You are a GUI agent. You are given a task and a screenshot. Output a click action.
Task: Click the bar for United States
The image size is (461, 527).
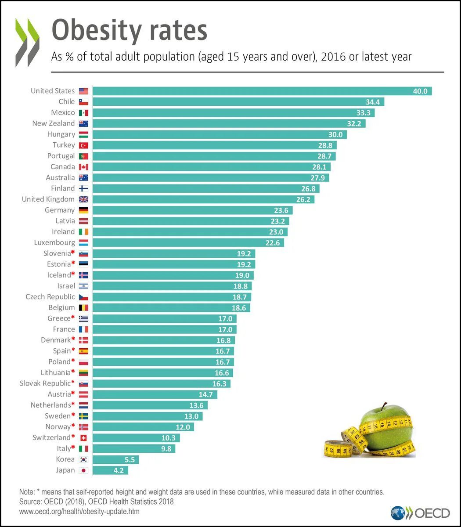[262, 91]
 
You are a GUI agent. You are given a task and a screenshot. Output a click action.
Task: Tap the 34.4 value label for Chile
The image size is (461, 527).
[373, 102]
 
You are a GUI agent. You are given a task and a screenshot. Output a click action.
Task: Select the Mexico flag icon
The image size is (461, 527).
[83, 113]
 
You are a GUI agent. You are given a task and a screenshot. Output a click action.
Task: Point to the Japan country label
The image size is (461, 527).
[65, 470]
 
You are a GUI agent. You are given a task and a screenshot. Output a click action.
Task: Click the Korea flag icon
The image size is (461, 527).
[83, 460]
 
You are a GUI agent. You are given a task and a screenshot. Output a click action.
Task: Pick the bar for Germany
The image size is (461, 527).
[192, 210]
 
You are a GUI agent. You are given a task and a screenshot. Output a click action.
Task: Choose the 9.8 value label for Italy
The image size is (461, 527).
[167, 449]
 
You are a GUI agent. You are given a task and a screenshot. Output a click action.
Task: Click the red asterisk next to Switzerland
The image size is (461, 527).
[73, 437]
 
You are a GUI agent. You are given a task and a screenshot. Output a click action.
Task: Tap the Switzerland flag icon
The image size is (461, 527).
[83, 438]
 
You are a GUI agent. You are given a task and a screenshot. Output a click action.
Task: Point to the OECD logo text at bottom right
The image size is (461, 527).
[432, 513]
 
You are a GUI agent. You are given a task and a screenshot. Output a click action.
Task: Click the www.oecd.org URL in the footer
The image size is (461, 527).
[79, 511]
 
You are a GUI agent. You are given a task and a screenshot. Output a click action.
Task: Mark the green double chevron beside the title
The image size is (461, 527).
[27, 42]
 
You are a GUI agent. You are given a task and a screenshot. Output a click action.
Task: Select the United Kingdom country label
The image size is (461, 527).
[48, 199]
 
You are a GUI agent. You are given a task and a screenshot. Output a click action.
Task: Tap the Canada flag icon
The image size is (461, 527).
[83, 167]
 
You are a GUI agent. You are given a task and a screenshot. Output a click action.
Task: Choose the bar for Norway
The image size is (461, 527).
[143, 427]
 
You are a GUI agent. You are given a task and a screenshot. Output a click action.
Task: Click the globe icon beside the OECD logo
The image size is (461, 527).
[398, 513]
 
